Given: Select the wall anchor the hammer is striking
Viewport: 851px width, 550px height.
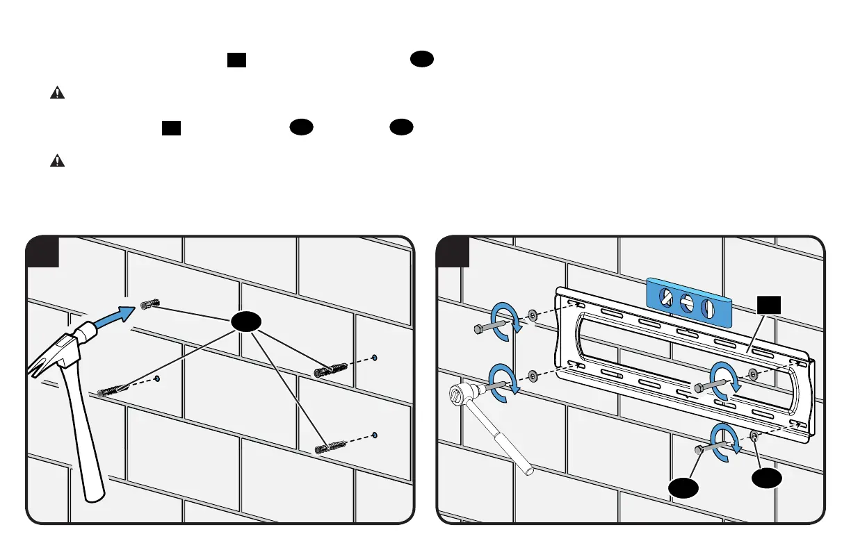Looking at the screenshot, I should coord(150,304).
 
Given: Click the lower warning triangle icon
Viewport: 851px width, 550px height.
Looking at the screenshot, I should coord(58,161).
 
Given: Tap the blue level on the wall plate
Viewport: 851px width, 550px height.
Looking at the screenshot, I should coord(689,301).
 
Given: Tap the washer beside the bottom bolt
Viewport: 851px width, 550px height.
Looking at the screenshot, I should coord(754,435).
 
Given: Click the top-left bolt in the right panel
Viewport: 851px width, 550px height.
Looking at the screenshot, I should coord(489,327).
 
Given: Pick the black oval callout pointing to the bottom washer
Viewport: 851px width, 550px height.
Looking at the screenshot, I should coord(765,478).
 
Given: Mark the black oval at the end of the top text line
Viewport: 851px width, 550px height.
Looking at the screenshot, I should coord(421,60).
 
